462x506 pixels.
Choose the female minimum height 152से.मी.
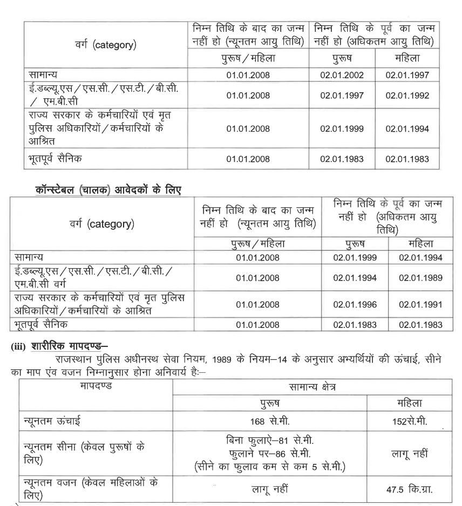click(409, 422)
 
